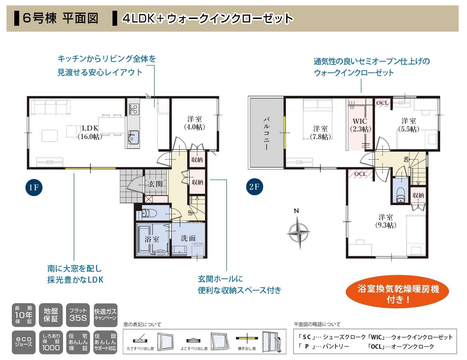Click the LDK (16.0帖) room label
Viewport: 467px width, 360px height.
tap(90, 132)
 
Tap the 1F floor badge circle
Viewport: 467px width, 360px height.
tap(34, 187)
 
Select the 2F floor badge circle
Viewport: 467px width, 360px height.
tap(254, 187)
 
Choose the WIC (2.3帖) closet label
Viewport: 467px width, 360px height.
tap(360, 125)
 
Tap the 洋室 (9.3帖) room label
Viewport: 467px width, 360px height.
tap(386, 221)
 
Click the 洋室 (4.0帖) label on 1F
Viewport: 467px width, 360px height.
tap(195, 123)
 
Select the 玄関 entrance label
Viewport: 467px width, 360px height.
tap(156, 184)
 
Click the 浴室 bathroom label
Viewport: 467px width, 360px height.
tap(152, 239)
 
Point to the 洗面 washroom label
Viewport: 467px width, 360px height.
tap(188, 238)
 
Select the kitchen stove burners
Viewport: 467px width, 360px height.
tap(134, 109)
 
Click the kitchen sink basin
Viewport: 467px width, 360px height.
tap(133, 137)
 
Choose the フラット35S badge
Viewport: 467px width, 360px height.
tap(78, 315)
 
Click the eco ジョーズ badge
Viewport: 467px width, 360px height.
tap(23, 342)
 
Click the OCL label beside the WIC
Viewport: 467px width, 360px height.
tap(382, 103)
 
